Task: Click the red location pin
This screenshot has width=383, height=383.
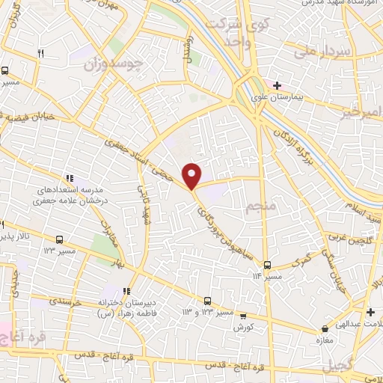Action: pos(192,175)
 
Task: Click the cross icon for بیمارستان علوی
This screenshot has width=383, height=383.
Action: pos(277,86)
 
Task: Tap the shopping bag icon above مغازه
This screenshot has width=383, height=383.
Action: pos(325,328)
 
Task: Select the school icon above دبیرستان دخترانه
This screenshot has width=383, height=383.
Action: pos(126,290)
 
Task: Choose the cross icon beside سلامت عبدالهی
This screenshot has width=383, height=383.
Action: pos(370,311)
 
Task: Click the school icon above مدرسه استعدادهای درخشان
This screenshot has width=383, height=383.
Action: pos(68,178)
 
